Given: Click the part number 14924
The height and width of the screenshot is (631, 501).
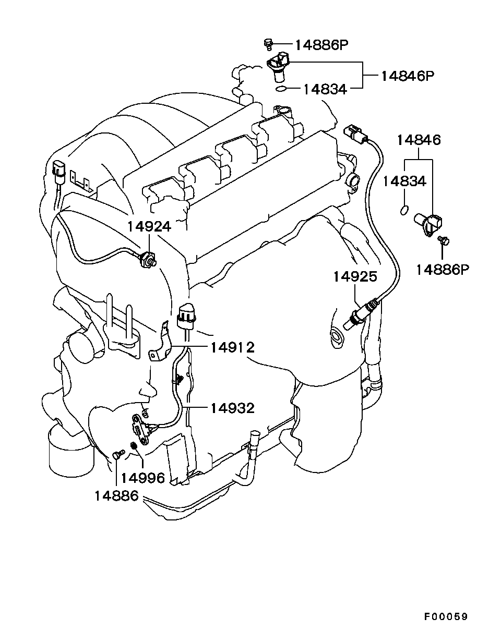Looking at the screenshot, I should (x=150, y=226).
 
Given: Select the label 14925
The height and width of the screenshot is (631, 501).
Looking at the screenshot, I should (x=355, y=276).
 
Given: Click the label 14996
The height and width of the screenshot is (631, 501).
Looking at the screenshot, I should (x=143, y=478).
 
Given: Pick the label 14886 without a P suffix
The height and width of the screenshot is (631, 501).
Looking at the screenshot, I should (x=116, y=496).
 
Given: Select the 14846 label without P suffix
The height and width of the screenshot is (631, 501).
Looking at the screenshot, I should (x=419, y=140).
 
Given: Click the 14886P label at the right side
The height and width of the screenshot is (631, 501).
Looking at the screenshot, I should (x=443, y=269).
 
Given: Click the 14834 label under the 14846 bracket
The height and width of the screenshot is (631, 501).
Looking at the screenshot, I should (x=404, y=181).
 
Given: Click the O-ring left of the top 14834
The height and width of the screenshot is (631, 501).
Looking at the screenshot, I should (x=281, y=89).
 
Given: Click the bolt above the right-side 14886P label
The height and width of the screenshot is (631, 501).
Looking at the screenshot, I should (x=444, y=240).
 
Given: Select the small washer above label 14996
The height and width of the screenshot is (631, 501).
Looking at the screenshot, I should (x=133, y=445).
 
